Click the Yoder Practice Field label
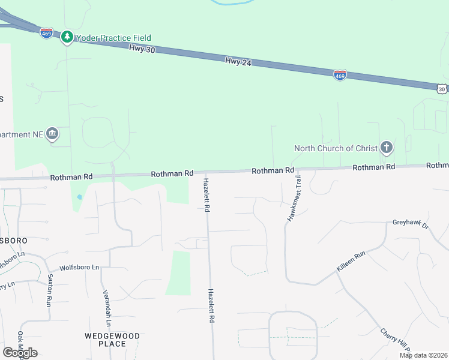click(x=113, y=38)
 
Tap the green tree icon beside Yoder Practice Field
click(x=67, y=37)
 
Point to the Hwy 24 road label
click(x=238, y=61)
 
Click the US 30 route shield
click(x=442, y=89)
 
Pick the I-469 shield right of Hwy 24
click(x=340, y=75)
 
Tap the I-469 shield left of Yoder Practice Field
click(x=46, y=33)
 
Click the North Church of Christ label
click(x=336, y=148)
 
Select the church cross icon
click(x=387, y=148)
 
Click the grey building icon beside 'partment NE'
click(x=52, y=134)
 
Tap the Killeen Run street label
click(x=351, y=262)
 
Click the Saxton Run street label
click(x=50, y=290)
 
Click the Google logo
click(x=20, y=353)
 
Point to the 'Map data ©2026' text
click(x=423, y=355)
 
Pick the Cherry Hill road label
click(x=396, y=341)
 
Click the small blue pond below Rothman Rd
click(x=79, y=196)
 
